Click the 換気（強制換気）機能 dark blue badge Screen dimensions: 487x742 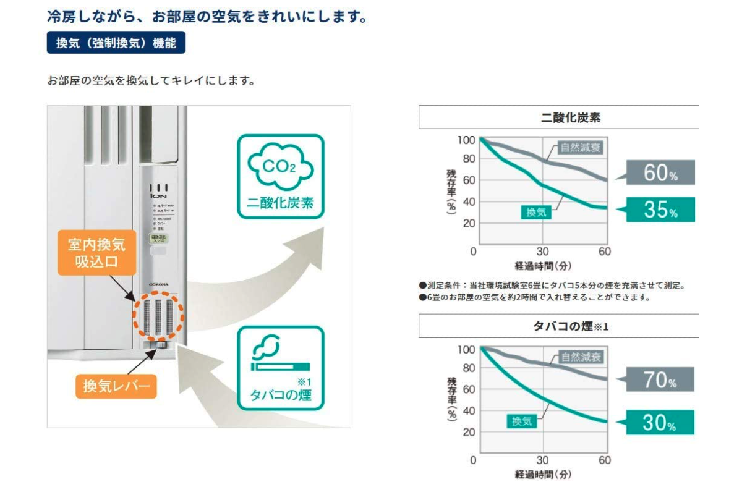coord(116,43)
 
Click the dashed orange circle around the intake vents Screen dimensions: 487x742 coord(158,312)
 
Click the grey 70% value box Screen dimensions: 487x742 coord(660,379)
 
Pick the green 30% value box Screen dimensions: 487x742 coord(660,422)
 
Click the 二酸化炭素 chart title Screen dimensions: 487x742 coord(558,117)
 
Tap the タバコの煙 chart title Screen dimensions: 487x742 coord(558,326)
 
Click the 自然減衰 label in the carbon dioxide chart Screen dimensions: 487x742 coord(580,148)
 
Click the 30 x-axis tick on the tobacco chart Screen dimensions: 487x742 coord(542,460)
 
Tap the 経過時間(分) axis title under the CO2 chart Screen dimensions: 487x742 coord(542,266)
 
